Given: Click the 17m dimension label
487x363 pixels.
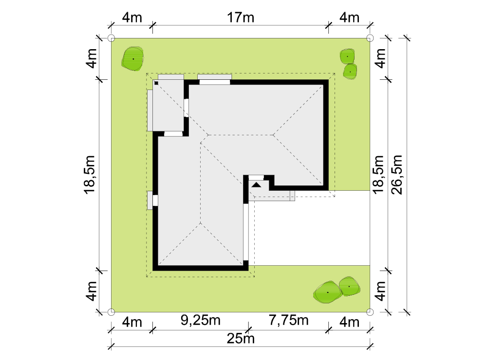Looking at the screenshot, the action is pos(241,18).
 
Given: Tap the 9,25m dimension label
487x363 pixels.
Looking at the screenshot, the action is pos(201,320).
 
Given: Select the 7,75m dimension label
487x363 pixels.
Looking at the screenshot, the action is pos(288,320).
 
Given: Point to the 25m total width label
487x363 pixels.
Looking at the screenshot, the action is pos(241,338).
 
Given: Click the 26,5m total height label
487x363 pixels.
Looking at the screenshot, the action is pos(396,175).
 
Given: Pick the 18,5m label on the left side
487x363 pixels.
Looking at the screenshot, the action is pos(89,175).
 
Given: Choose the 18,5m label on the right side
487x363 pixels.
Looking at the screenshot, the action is pos(378,175).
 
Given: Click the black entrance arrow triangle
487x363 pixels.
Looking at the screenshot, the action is pos(256,185).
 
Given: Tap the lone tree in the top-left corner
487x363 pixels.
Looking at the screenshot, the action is pos(133,59).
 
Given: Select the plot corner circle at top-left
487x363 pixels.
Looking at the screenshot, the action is pos(111,38).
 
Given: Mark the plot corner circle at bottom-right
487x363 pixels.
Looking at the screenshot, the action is pos(370,312).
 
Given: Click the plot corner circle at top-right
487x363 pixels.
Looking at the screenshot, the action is pos(370,38).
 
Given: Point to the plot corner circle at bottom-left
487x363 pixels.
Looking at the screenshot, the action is pos(111,312).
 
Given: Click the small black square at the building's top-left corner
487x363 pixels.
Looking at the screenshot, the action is pos(156,83).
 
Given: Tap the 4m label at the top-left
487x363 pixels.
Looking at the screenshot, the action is pos(132,18).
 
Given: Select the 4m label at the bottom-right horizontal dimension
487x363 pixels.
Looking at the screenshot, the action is pos(349,322).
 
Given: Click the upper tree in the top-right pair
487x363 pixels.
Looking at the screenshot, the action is pos(347,56).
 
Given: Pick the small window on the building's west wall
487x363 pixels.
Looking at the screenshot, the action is pos(155,200).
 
